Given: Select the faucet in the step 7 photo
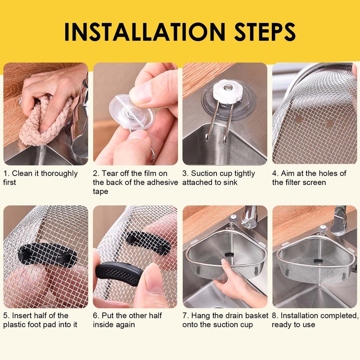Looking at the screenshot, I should click(248, 216).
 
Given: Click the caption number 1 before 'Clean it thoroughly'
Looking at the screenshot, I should click(6, 173).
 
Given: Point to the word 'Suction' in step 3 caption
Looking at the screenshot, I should click(205, 173).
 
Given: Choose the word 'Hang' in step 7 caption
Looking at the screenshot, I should click(201, 315).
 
